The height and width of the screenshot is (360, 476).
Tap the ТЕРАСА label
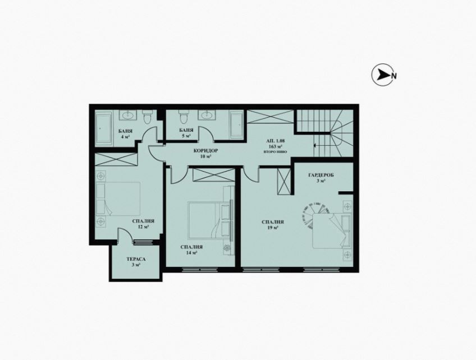[126, 259]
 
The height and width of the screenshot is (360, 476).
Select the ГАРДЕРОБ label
[321, 176]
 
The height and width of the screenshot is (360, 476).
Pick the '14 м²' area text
[191, 253]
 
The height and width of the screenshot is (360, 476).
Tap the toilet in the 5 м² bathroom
[182, 118]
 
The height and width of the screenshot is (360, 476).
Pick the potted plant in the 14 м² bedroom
[227, 248]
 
